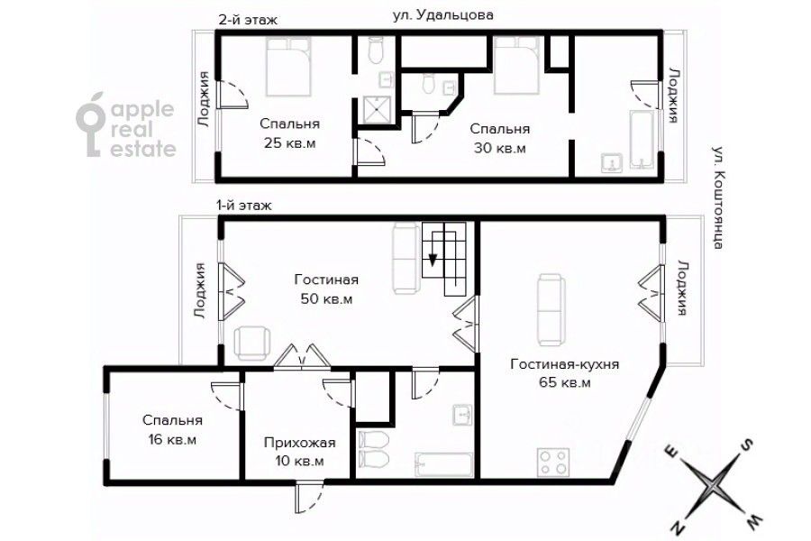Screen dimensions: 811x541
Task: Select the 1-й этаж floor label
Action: [242, 206]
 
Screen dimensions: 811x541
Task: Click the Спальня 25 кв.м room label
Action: [290, 133]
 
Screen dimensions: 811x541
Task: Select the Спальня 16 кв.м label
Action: [171, 429]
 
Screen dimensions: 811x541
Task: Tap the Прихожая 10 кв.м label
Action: [299, 451]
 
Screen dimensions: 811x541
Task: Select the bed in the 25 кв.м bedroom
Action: [288, 69]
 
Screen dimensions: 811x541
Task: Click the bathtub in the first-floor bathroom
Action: [444, 463]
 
